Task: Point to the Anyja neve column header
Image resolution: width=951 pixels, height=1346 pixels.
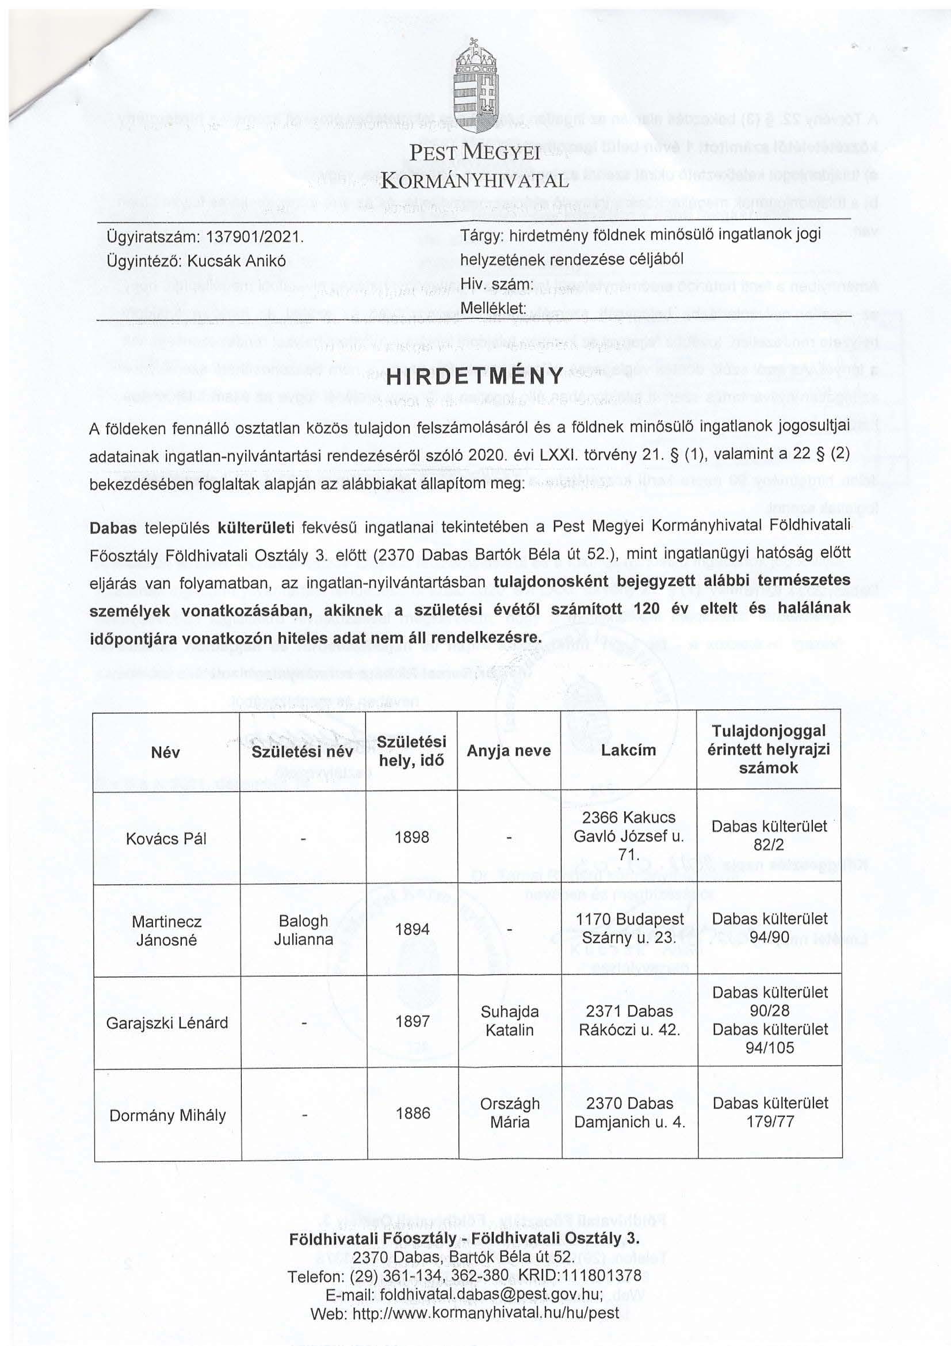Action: (x=509, y=751)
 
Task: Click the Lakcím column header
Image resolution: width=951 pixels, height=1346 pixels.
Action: (x=628, y=750)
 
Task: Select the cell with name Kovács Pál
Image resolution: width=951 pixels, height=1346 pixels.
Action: (x=166, y=838)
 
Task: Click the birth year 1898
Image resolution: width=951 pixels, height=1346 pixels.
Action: (x=412, y=837)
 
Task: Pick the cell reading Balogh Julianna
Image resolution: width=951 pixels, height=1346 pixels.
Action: (x=303, y=930)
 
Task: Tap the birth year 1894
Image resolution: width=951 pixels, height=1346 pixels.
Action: (x=412, y=929)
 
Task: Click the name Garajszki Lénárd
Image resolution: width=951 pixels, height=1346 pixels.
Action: (x=167, y=1024)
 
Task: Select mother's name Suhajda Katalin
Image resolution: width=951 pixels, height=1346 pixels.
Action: (x=509, y=1021)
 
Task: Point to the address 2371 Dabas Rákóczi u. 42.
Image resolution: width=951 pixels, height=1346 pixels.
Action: (x=629, y=1021)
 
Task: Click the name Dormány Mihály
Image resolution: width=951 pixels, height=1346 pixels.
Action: (x=167, y=1116)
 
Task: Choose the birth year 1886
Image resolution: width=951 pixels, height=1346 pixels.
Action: (x=413, y=1113)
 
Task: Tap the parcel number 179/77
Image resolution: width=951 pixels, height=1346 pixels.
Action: (x=770, y=1122)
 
